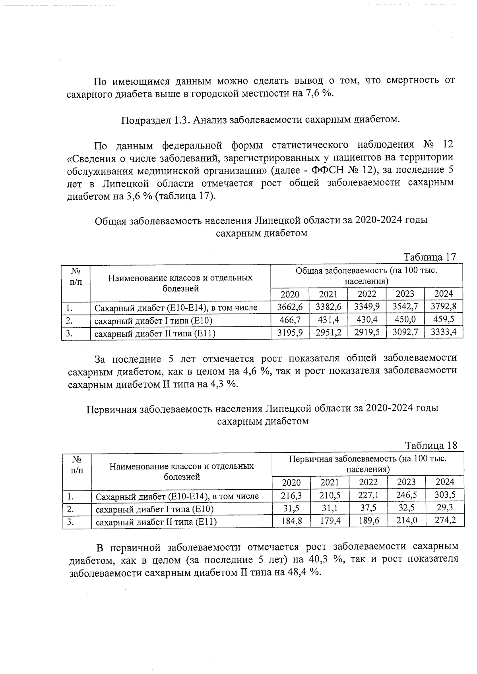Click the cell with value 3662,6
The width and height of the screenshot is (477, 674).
(x=290, y=307)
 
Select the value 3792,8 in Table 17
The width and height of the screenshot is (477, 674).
(x=443, y=306)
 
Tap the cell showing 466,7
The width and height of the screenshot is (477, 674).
(x=290, y=319)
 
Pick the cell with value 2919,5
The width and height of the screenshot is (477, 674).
(x=366, y=332)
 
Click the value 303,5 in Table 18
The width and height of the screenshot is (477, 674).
(x=445, y=494)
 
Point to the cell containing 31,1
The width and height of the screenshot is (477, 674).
(x=330, y=508)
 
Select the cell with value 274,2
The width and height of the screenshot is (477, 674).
(x=445, y=520)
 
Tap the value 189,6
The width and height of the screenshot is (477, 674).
(x=368, y=520)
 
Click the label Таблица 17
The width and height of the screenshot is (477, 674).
(x=430, y=257)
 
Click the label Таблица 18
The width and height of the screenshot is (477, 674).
(x=431, y=445)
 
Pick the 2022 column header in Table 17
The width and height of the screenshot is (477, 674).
(x=366, y=294)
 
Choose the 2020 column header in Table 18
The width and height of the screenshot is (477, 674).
(x=291, y=482)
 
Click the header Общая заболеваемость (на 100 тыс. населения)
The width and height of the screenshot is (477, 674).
(x=366, y=276)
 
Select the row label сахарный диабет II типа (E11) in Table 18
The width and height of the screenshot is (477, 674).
(x=156, y=521)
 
